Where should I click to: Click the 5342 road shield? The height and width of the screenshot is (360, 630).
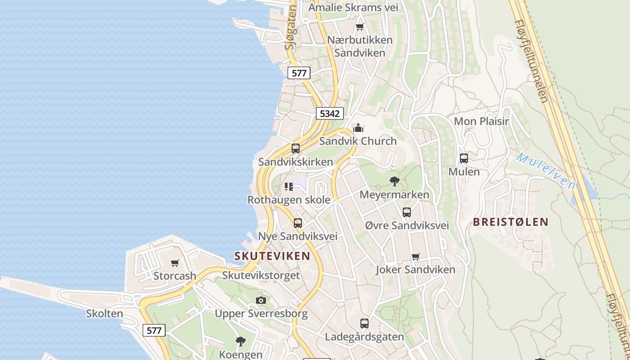pos(329,113)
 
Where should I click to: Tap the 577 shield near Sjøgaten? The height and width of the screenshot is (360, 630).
pos(299,73)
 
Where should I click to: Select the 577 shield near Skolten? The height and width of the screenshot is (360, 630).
pos(154,330)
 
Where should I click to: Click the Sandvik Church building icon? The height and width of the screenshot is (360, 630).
pos(358,128)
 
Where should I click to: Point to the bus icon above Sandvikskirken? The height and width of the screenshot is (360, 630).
pos(296,148)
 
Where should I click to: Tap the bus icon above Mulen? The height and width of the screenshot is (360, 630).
pos(464,158)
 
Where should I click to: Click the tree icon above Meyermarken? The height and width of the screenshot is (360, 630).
pos(395,181)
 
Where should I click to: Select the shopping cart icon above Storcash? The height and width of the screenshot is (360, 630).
pos(175,263)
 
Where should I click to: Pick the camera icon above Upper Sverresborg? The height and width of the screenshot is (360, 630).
pos(261,300)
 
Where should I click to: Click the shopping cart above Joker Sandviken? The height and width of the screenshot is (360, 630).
pos(415,256)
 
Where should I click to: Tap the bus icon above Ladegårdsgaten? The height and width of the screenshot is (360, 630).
pos(364,323)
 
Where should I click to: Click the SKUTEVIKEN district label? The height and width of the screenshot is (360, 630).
pos(272,256)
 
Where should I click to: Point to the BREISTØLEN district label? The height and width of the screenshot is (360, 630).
pos(511,221)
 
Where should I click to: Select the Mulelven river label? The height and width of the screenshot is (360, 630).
pos(545,171)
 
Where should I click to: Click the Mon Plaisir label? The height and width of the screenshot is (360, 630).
pos(481,121)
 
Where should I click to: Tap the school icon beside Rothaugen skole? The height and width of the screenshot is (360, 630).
pos(289,186)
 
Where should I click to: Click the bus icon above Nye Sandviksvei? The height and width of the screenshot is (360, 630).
pos(297,223)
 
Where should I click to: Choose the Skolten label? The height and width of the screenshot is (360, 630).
pos(104,314)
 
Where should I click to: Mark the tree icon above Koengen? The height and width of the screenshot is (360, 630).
pos(241,341)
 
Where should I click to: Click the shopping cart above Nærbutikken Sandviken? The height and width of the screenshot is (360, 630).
pos(360,27)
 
